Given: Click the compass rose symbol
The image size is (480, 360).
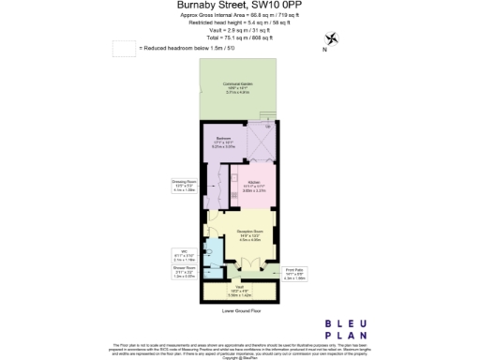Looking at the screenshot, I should (330, 38).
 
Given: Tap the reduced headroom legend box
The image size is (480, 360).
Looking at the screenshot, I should (123, 47).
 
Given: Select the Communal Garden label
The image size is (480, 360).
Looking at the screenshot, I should (235, 89).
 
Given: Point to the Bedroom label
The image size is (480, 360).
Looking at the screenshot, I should (224, 143).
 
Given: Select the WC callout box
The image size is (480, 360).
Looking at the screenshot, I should (185, 253).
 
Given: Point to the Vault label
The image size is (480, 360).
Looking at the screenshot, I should (240, 289).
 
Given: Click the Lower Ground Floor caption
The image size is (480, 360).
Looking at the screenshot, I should (240, 309).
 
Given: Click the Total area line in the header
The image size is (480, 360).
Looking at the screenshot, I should (239, 37).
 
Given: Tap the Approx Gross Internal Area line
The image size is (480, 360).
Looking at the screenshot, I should (239, 15).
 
